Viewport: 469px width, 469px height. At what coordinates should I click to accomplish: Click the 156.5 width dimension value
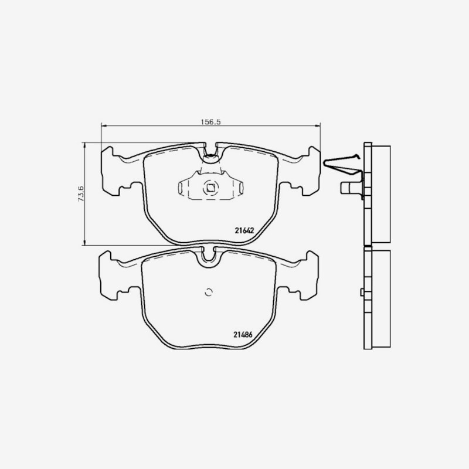pos(210,122)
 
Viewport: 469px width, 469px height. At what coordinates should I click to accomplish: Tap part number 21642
pos(244,230)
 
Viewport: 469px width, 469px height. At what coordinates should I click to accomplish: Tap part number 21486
pos(243,335)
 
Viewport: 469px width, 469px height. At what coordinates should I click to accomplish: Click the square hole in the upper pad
pos(210,188)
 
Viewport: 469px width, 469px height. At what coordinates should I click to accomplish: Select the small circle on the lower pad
pos(209,292)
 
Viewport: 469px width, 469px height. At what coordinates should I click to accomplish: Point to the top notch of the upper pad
pos(211,149)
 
